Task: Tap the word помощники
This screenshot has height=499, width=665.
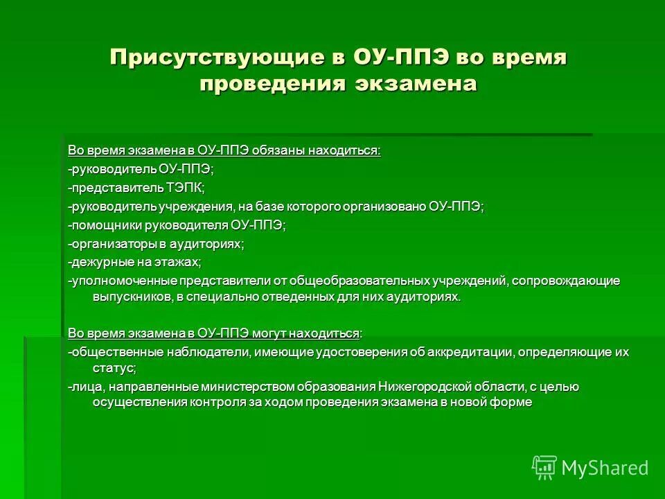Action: pos(105,225)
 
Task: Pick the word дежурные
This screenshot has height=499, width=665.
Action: pos(96,262)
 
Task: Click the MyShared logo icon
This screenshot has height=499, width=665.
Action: pos(544,468)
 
